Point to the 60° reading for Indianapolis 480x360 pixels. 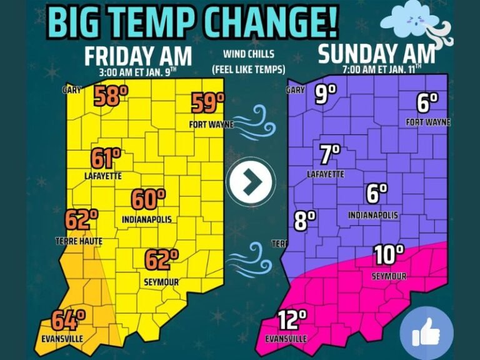[148, 200]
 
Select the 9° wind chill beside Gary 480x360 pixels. [325, 94]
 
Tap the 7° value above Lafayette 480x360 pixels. [329, 154]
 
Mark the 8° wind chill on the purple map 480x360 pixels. [304, 221]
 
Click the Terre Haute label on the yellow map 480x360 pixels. [79, 241]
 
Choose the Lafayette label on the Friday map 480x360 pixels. [103, 176]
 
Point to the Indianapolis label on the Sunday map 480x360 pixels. [373, 216]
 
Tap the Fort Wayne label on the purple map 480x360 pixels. [428, 122]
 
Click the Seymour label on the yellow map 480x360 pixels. [161, 282]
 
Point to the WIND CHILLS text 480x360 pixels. [249, 54]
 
